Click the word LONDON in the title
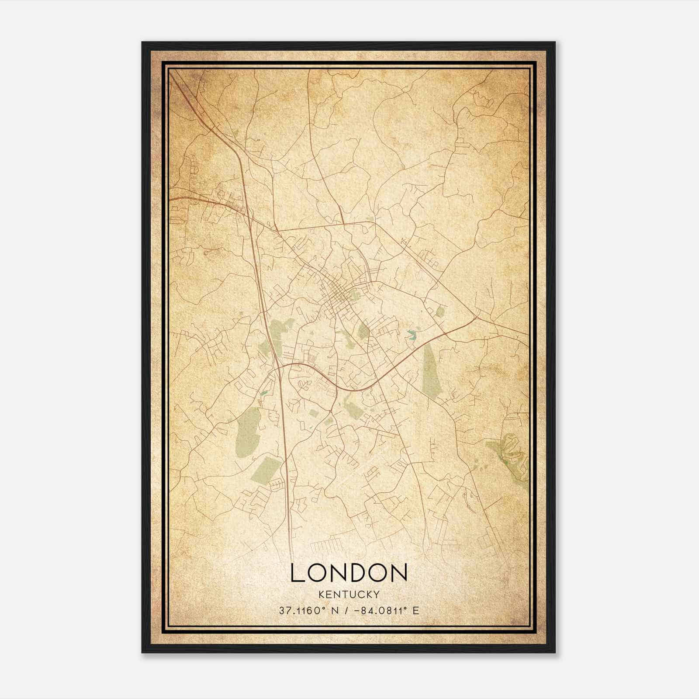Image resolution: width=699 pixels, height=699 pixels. (x=349, y=573)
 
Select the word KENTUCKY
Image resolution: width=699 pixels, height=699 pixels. (x=349, y=594)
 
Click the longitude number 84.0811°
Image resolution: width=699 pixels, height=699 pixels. (x=382, y=610)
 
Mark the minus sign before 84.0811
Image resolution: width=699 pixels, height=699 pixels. (x=359, y=610)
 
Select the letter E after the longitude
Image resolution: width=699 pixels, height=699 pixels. (x=415, y=610)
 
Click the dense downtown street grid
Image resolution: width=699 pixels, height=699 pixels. (x=338, y=297)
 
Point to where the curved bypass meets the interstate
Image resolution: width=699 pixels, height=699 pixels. (x=278, y=367)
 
